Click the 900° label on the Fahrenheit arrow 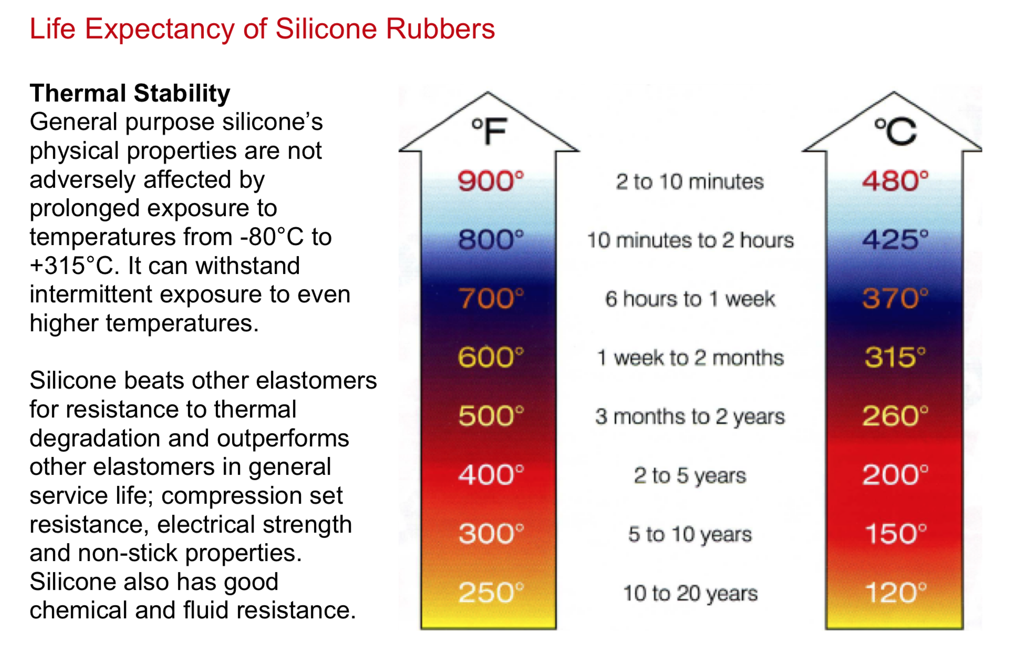(x=491, y=181)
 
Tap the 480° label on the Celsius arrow (x=895, y=181)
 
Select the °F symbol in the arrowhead (x=489, y=131)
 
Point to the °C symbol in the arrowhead (x=895, y=131)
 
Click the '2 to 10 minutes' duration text (x=690, y=182)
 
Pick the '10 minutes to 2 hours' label (x=690, y=240)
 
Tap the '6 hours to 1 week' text (x=690, y=299)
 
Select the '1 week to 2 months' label (x=690, y=358)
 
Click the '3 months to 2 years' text (x=690, y=417)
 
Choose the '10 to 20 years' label (x=690, y=594)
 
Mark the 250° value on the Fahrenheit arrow (x=491, y=593)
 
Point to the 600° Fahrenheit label (x=491, y=358)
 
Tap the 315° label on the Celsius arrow (x=895, y=358)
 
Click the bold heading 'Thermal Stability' (x=130, y=94)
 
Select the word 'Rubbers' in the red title (x=440, y=29)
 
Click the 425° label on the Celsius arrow (x=895, y=240)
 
